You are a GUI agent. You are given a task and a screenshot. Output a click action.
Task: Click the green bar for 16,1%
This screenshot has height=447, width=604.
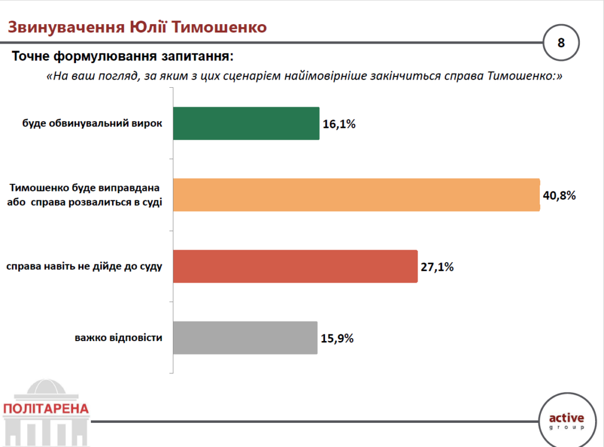(246, 123)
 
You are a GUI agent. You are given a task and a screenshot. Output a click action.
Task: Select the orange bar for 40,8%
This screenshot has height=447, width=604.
(356, 194)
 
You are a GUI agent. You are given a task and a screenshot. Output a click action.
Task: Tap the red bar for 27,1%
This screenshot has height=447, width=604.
(295, 266)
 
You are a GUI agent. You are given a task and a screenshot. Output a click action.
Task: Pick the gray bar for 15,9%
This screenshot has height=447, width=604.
(245, 338)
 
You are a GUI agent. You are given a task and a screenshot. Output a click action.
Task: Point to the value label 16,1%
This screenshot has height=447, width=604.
(339, 124)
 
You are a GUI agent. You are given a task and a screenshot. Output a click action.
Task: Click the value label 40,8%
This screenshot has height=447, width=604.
(559, 196)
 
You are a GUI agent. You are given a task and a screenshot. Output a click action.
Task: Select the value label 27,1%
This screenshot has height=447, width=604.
(437, 267)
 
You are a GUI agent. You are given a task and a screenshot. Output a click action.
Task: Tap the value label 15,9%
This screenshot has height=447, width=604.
(337, 339)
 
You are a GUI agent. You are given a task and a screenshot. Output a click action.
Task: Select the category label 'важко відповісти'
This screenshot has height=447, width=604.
(119, 338)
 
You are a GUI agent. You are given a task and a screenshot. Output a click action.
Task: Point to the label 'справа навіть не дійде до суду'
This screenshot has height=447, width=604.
(84, 266)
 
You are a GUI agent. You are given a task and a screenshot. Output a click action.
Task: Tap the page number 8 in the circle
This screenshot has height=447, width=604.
(561, 42)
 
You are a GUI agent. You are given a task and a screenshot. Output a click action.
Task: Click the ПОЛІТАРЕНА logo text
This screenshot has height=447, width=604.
(45, 409)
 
